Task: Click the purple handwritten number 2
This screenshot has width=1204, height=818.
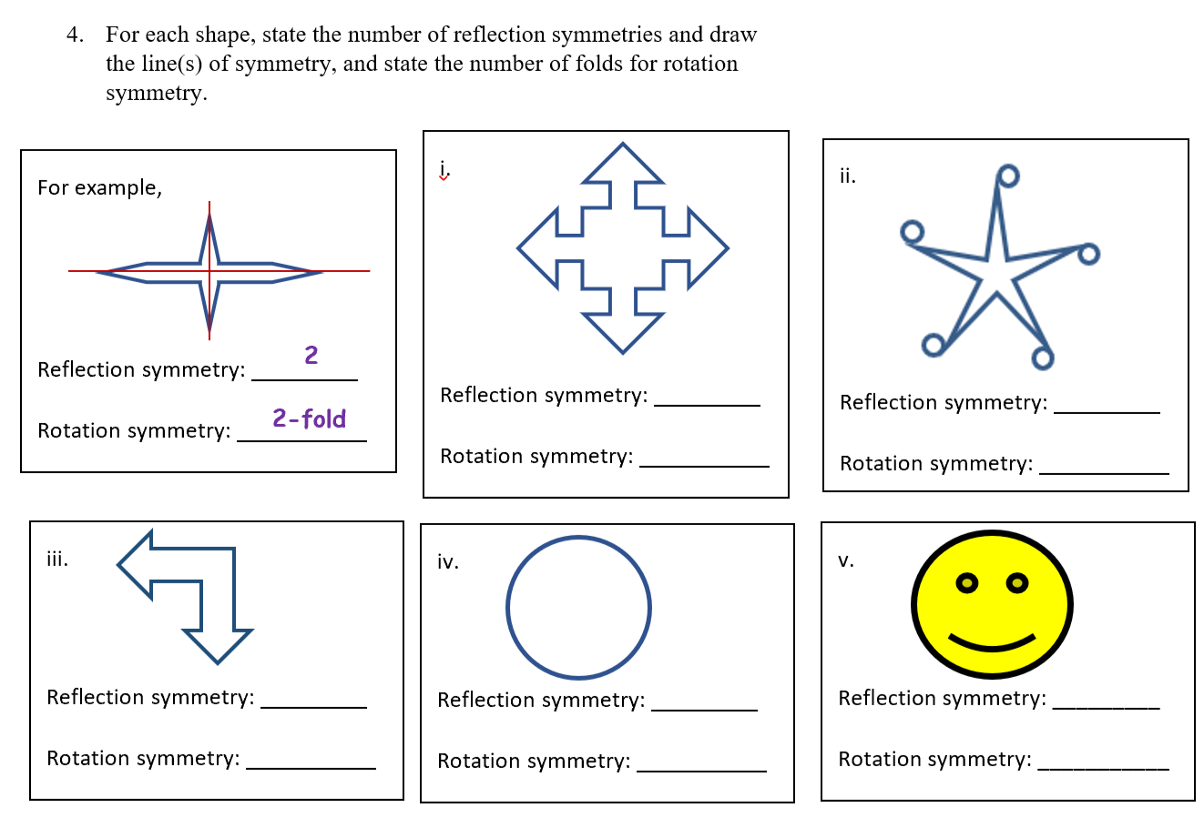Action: click(x=311, y=355)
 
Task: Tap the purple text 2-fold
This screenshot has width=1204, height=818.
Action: click(x=309, y=419)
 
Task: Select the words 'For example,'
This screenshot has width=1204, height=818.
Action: click(x=99, y=188)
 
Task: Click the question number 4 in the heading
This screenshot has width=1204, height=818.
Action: click(x=74, y=35)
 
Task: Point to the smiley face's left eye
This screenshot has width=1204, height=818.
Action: click(x=968, y=581)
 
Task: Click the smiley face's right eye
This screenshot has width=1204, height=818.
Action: click(x=1017, y=581)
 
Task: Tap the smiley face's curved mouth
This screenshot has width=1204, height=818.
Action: click(x=991, y=642)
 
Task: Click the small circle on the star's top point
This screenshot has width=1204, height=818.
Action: click(x=1007, y=175)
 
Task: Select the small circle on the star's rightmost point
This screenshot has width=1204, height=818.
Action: click(x=1088, y=254)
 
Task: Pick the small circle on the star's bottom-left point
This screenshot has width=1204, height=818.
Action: click(x=933, y=345)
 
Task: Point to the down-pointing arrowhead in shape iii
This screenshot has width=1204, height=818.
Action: click(x=218, y=644)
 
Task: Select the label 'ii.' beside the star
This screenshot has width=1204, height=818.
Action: click(x=847, y=177)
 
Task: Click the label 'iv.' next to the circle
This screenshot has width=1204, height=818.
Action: click(x=448, y=562)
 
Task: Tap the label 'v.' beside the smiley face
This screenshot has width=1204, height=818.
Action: click(x=846, y=560)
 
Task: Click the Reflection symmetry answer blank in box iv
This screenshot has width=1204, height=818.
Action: click(x=704, y=702)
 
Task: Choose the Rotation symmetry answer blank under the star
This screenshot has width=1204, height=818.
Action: click(x=1104, y=466)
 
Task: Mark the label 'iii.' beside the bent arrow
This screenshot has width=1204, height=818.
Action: click(x=57, y=559)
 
